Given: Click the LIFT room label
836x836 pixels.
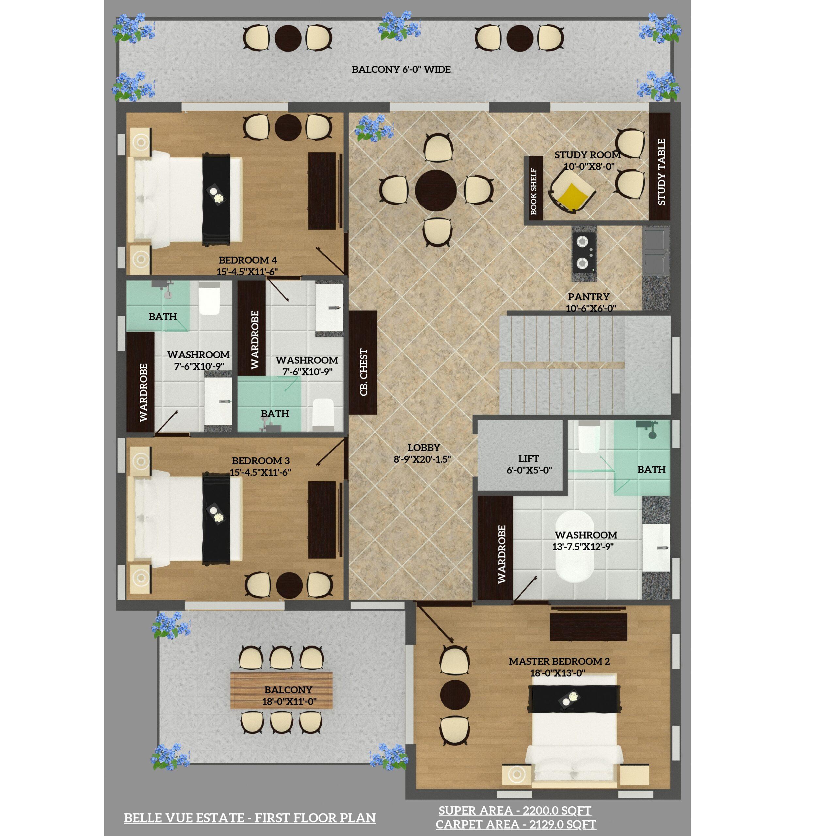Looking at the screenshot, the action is [528, 459].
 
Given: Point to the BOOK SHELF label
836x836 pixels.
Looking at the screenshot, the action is [534, 191].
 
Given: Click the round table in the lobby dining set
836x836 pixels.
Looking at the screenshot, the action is [436, 190].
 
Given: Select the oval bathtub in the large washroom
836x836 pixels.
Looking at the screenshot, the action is [575, 547].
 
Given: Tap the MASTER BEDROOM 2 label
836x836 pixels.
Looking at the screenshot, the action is [559, 661].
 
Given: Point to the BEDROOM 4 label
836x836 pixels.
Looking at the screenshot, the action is [248, 260].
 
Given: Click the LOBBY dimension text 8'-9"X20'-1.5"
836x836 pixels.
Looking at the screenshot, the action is [422, 459].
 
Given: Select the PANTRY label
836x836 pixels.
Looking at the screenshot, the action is [588, 297].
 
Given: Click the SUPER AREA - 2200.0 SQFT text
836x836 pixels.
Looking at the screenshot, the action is [515, 811].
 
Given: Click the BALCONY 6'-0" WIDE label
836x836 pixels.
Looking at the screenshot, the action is [401, 69].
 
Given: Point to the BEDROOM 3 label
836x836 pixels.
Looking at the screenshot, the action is [261, 461].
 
